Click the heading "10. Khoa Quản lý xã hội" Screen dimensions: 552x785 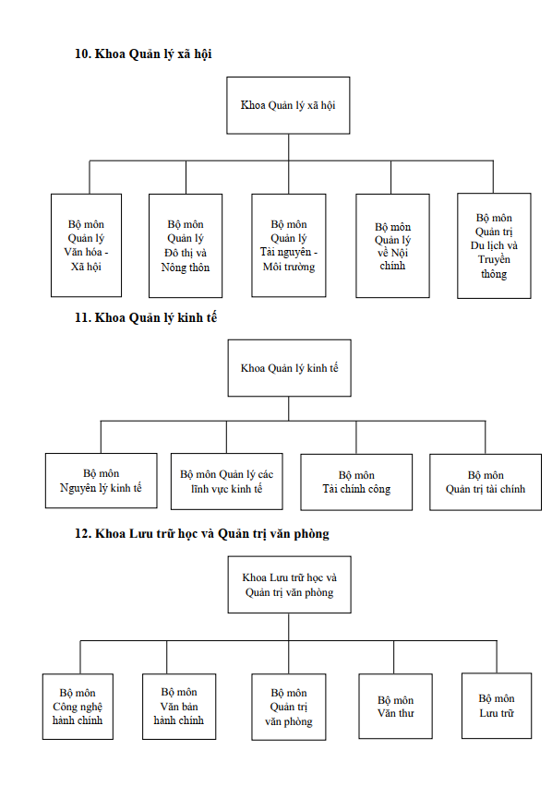click(143, 54)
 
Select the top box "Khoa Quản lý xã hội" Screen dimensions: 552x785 click(288, 105)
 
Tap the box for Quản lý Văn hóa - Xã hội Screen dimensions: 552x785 click(86, 245)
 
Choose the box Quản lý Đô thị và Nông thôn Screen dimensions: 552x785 click(186, 245)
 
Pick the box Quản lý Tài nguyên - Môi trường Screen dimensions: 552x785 click(289, 245)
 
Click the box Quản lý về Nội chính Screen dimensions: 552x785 click(392, 245)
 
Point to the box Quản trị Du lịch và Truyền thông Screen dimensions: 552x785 click(494, 245)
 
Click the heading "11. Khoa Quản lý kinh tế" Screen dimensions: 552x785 click(146, 317)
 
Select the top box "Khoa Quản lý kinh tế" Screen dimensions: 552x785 click(290, 368)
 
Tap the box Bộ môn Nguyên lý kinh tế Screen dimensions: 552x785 click(102, 481)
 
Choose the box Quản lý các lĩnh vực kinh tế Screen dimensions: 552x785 click(227, 482)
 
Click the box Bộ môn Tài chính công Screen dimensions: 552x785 click(356, 482)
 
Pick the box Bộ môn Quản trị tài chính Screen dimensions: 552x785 click(486, 482)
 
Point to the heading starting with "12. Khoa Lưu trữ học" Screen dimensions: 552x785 click(202, 534)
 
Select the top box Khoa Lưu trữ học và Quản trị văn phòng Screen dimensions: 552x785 click(290, 585)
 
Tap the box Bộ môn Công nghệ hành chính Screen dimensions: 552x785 click(78, 707)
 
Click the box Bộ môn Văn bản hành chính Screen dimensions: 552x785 click(179, 707)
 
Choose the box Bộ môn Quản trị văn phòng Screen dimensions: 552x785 click(289, 707)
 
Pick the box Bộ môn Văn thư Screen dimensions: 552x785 click(396, 707)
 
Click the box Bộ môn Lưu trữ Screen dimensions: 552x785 click(497, 706)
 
